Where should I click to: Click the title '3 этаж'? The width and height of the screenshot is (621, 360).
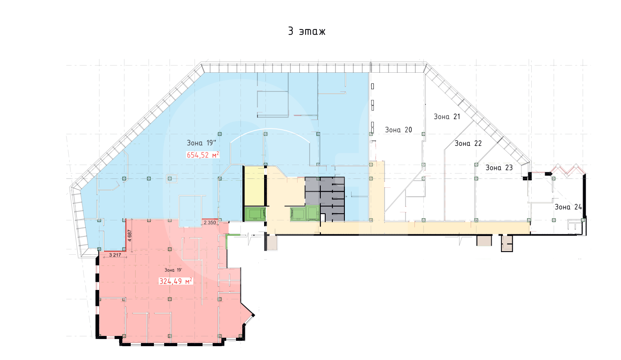point(306,31)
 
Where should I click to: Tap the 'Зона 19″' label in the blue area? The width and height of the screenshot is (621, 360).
point(201,143)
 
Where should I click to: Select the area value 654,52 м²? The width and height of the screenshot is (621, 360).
point(203,155)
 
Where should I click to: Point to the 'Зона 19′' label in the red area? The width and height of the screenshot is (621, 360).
point(173,270)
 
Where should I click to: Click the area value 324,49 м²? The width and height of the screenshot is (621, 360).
point(176,281)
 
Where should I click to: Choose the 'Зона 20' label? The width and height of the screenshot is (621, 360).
point(398,130)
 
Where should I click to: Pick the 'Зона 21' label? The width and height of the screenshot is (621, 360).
point(447,117)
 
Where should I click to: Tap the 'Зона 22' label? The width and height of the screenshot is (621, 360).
point(468,143)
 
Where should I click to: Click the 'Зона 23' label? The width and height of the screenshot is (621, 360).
point(499,168)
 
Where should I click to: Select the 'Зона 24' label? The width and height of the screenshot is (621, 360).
point(568,207)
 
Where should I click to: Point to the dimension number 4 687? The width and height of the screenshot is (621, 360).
point(130,236)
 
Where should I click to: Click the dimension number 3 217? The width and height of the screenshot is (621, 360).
point(115,255)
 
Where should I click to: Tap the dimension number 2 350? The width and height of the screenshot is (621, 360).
point(210,222)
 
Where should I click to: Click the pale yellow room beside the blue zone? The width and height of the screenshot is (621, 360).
point(254,186)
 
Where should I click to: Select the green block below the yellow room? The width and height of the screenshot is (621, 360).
point(255,214)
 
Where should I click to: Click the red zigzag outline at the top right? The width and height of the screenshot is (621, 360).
point(568,170)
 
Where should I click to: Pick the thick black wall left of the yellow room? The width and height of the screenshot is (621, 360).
point(244,194)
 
